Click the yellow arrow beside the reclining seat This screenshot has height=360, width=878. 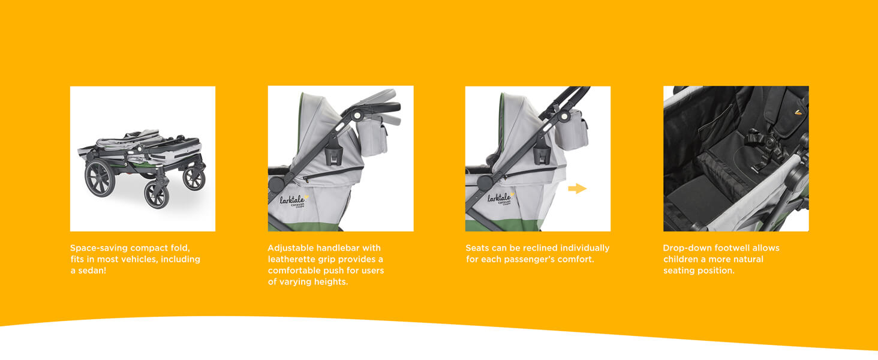[577, 188]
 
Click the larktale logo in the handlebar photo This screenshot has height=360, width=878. [294, 201]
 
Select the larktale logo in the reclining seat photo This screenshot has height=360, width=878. [501, 199]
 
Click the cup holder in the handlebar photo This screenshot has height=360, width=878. [333, 155]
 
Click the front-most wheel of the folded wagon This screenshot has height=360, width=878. [157, 194]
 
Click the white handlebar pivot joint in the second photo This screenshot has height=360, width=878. [357, 115]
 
